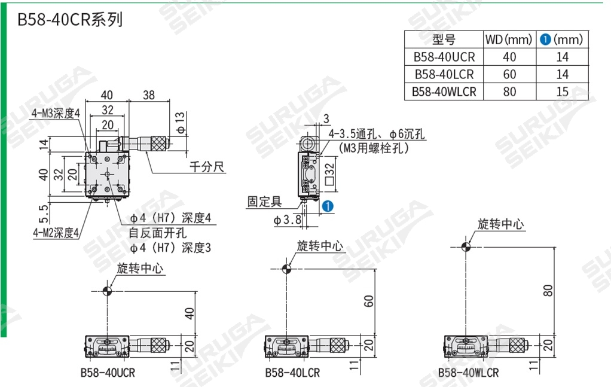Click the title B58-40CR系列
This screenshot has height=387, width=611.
point(70,19)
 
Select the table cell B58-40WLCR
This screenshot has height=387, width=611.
point(444,92)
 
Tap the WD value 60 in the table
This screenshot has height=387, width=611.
point(509,74)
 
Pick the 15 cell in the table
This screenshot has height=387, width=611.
point(563,92)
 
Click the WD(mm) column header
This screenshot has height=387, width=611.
point(509,39)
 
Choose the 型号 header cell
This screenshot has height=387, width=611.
point(444,39)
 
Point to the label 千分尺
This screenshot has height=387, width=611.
point(207,166)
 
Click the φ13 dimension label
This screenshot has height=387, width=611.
point(180,123)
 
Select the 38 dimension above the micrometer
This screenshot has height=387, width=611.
point(149,95)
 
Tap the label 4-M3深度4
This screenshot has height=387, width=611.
point(56,113)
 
